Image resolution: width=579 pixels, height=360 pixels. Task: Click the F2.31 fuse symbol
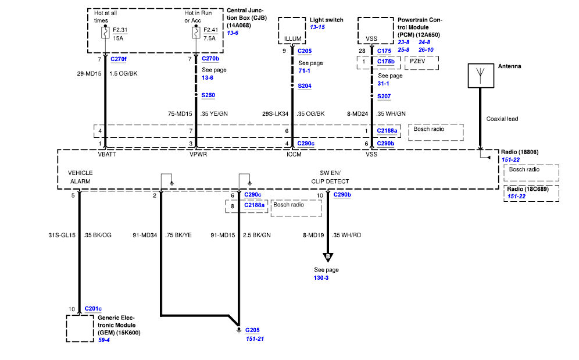105,33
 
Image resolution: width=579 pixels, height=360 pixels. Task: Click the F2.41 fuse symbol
196,33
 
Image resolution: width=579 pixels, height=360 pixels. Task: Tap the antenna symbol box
481,76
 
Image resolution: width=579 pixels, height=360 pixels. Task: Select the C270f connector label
118,59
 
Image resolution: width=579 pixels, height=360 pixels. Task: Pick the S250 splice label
208,95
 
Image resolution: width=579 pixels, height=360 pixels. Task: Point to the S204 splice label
304,85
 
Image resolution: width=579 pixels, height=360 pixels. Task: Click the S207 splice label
384,96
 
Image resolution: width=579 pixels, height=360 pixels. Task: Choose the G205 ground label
252,330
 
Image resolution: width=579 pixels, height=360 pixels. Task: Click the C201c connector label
93,309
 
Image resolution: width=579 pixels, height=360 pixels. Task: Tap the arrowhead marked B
328,257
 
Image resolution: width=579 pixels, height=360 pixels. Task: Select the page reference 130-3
321,277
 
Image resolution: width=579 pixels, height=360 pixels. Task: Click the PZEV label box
421,63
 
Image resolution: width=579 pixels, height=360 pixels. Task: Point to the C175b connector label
385,61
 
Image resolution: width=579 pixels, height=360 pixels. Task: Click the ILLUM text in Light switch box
292,38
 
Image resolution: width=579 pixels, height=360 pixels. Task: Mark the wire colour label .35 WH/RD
346,235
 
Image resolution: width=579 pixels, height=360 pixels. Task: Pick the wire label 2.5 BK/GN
256,235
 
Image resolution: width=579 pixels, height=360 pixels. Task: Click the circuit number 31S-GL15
62,235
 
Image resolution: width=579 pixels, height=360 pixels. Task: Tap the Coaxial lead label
502,119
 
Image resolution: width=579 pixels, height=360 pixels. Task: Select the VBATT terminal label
107,154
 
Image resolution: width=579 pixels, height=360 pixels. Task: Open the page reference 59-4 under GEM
103,340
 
